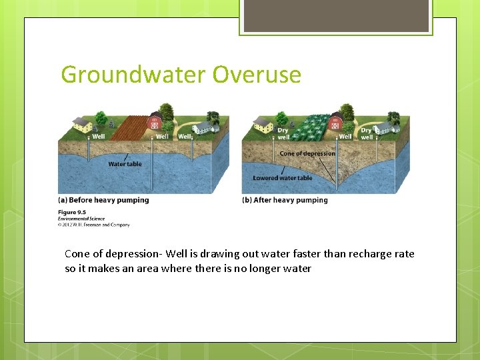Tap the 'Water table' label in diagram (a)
(x=125, y=164)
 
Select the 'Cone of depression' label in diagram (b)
(x=307, y=153)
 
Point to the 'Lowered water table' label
(x=283, y=178)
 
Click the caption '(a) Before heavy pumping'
(x=103, y=200)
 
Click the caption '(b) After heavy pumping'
(x=285, y=200)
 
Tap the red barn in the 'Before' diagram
(x=154, y=123)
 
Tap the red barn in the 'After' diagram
(x=336, y=123)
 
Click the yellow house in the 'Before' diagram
(x=82, y=124)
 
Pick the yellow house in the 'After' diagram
(x=264, y=124)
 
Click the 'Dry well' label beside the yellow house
(x=283, y=134)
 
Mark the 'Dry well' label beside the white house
(x=367, y=134)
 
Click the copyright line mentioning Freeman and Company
(x=94, y=225)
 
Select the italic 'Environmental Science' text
(x=81, y=219)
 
